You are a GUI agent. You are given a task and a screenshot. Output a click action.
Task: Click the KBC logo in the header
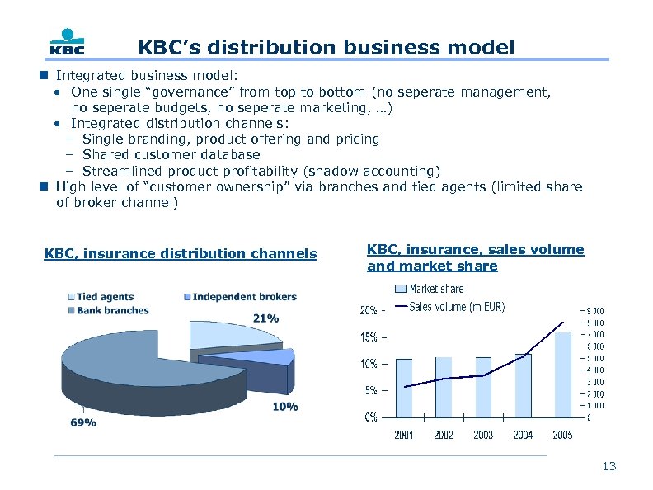click(68, 44)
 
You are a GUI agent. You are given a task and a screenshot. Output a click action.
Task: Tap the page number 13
click(608, 467)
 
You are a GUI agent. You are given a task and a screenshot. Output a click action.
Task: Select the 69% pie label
click(82, 422)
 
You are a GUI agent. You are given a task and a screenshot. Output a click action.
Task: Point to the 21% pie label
click(265, 318)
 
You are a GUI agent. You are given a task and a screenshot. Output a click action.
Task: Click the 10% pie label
click(285, 407)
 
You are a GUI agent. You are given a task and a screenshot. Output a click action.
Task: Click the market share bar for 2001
click(404, 388)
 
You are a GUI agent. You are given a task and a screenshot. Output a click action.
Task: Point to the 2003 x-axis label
click(483, 435)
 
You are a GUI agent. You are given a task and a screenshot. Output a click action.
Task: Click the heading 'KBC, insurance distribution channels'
click(180, 253)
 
